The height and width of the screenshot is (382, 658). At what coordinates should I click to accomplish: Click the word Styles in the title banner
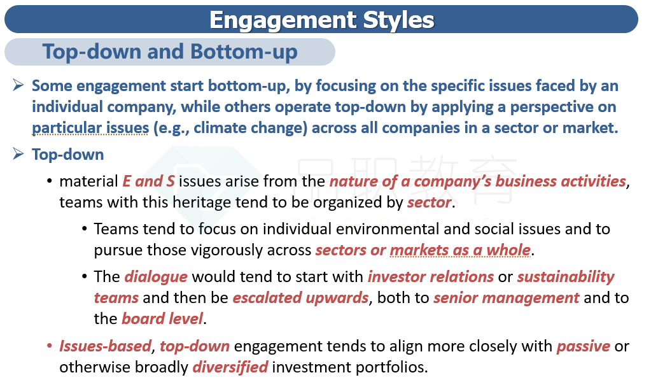(398, 20)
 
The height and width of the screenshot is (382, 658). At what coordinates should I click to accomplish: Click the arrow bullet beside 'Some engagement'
(18, 85)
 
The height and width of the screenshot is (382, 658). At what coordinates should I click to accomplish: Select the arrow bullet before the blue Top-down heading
(18, 153)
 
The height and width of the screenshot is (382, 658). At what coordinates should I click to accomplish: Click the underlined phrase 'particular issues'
(90, 127)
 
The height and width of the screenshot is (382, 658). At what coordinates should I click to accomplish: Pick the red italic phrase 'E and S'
(148, 181)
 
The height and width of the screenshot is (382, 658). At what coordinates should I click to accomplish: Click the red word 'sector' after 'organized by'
(430, 202)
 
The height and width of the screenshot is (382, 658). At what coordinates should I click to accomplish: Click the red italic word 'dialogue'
(156, 277)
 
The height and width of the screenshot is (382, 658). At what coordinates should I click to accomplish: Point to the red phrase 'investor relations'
(431, 277)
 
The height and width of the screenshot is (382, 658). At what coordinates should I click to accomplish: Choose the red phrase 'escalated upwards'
(300, 297)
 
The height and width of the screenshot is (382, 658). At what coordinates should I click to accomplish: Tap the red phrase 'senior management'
(506, 298)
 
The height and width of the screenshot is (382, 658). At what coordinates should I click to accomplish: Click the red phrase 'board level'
(162, 318)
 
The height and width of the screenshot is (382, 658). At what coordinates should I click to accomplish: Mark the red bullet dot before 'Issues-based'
(50, 346)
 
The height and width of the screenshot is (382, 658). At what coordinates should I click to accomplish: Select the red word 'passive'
(584, 346)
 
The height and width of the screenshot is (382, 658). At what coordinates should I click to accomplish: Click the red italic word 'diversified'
(230, 367)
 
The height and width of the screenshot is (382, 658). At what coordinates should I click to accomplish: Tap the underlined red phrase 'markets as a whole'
(460, 250)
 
